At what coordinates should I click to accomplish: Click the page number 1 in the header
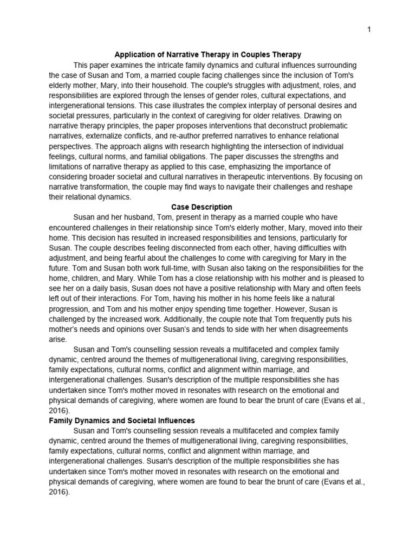click(369, 30)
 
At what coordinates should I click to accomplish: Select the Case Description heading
click(201, 207)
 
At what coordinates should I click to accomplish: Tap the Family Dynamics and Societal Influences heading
click(122, 421)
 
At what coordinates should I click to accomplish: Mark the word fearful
click(126, 258)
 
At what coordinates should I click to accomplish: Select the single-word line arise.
click(57, 339)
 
